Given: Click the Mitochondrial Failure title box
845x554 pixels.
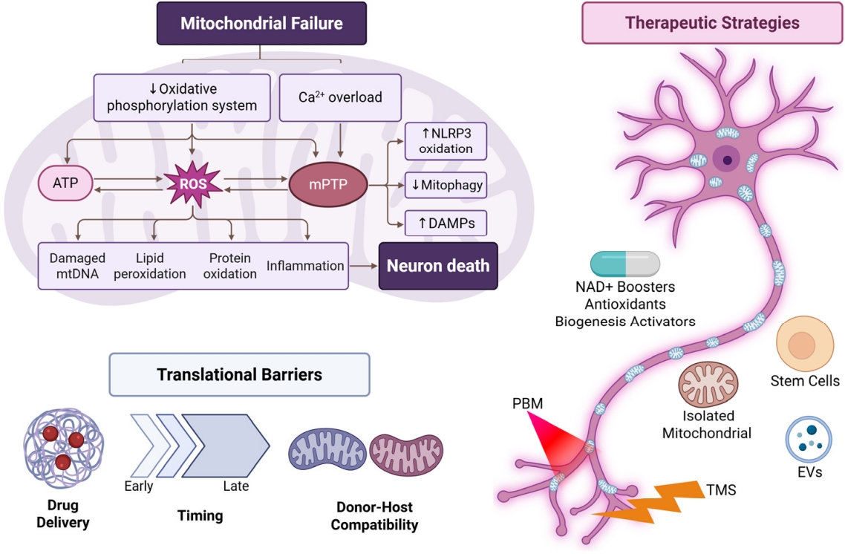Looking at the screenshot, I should pyautogui.click(x=261, y=23).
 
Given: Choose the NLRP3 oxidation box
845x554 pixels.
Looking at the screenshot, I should pyautogui.click(x=446, y=140).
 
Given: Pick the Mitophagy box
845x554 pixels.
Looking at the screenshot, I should pyautogui.click(x=446, y=185).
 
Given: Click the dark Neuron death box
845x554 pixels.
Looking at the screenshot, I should pyautogui.click(x=437, y=265).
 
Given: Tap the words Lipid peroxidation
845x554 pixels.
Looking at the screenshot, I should pyautogui.click(x=150, y=266).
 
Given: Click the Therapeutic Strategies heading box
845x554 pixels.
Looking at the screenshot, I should pyautogui.click(x=711, y=22).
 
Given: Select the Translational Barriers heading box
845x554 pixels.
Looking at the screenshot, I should pyautogui.click(x=239, y=374).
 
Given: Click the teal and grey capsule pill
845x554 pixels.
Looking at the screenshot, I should pyautogui.click(x=625, y=264).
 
